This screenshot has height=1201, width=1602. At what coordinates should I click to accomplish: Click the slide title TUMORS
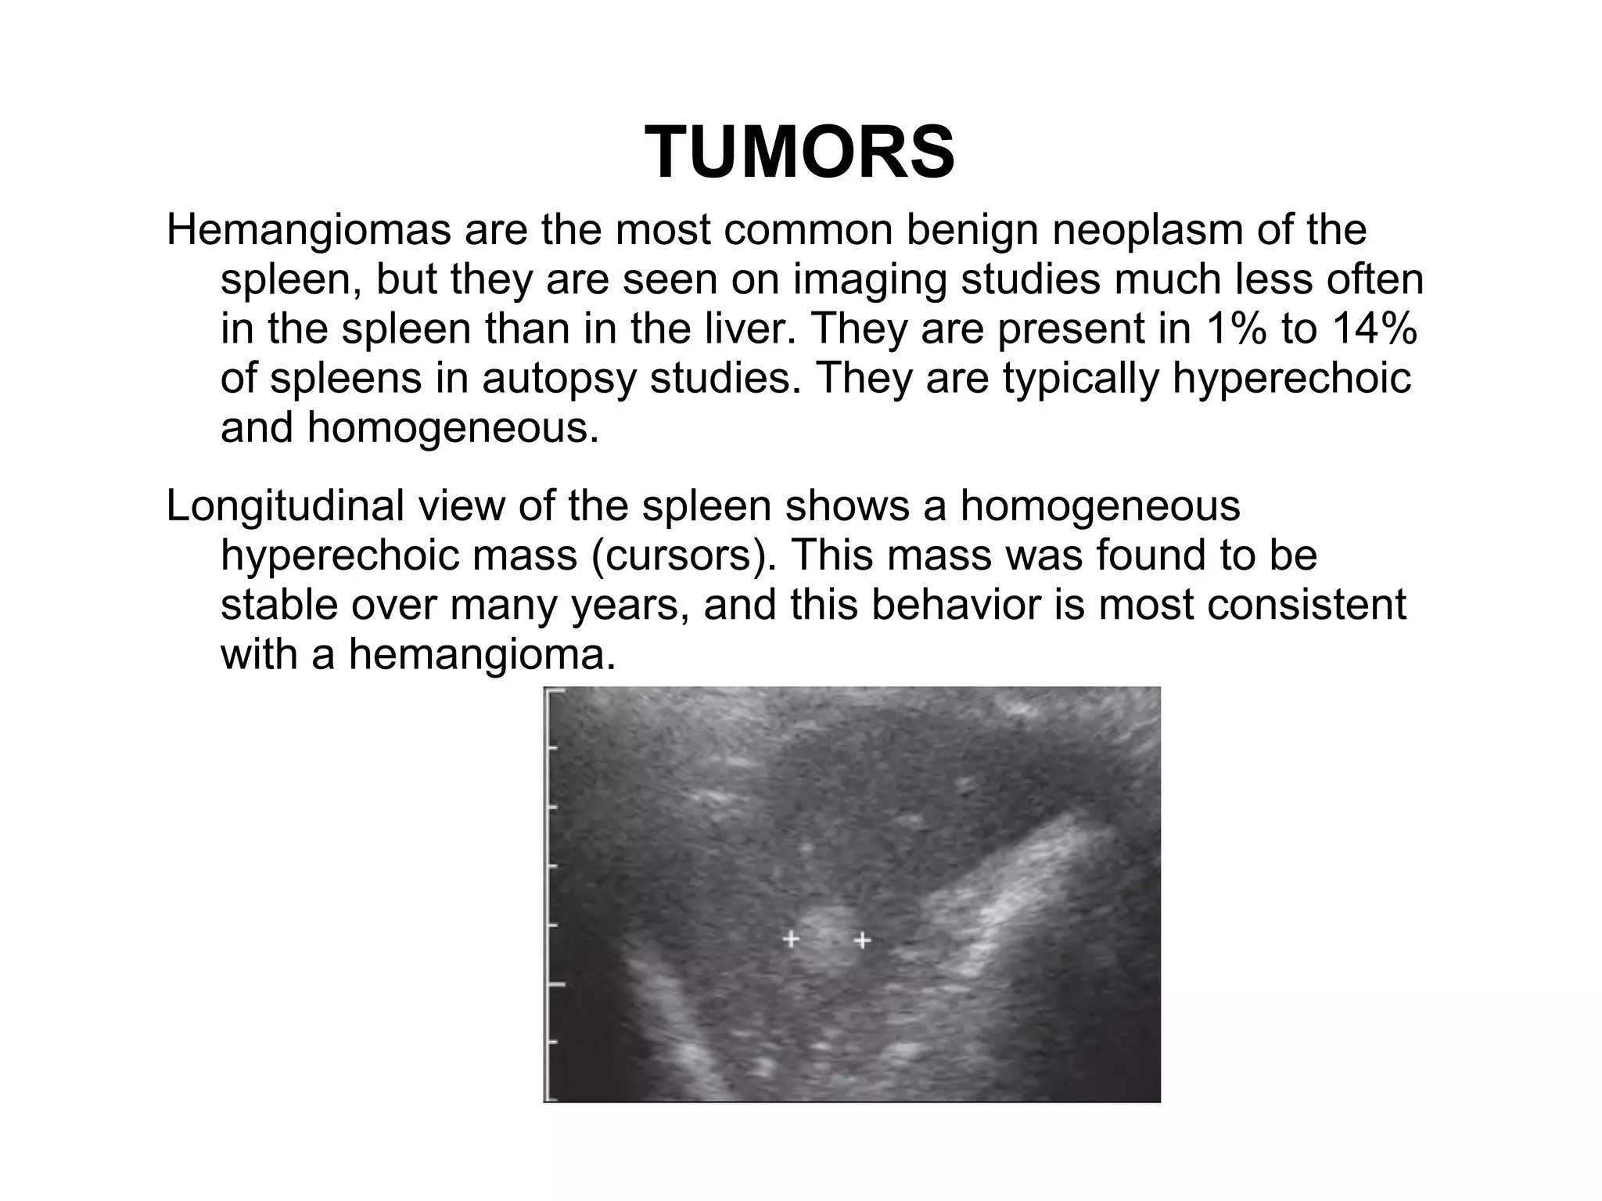799,153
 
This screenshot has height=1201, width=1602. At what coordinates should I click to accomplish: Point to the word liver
742,329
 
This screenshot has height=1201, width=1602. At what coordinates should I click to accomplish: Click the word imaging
870,280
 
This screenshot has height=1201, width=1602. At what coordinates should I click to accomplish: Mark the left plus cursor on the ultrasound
791,939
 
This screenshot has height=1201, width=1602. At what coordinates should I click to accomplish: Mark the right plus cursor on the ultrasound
862,940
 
